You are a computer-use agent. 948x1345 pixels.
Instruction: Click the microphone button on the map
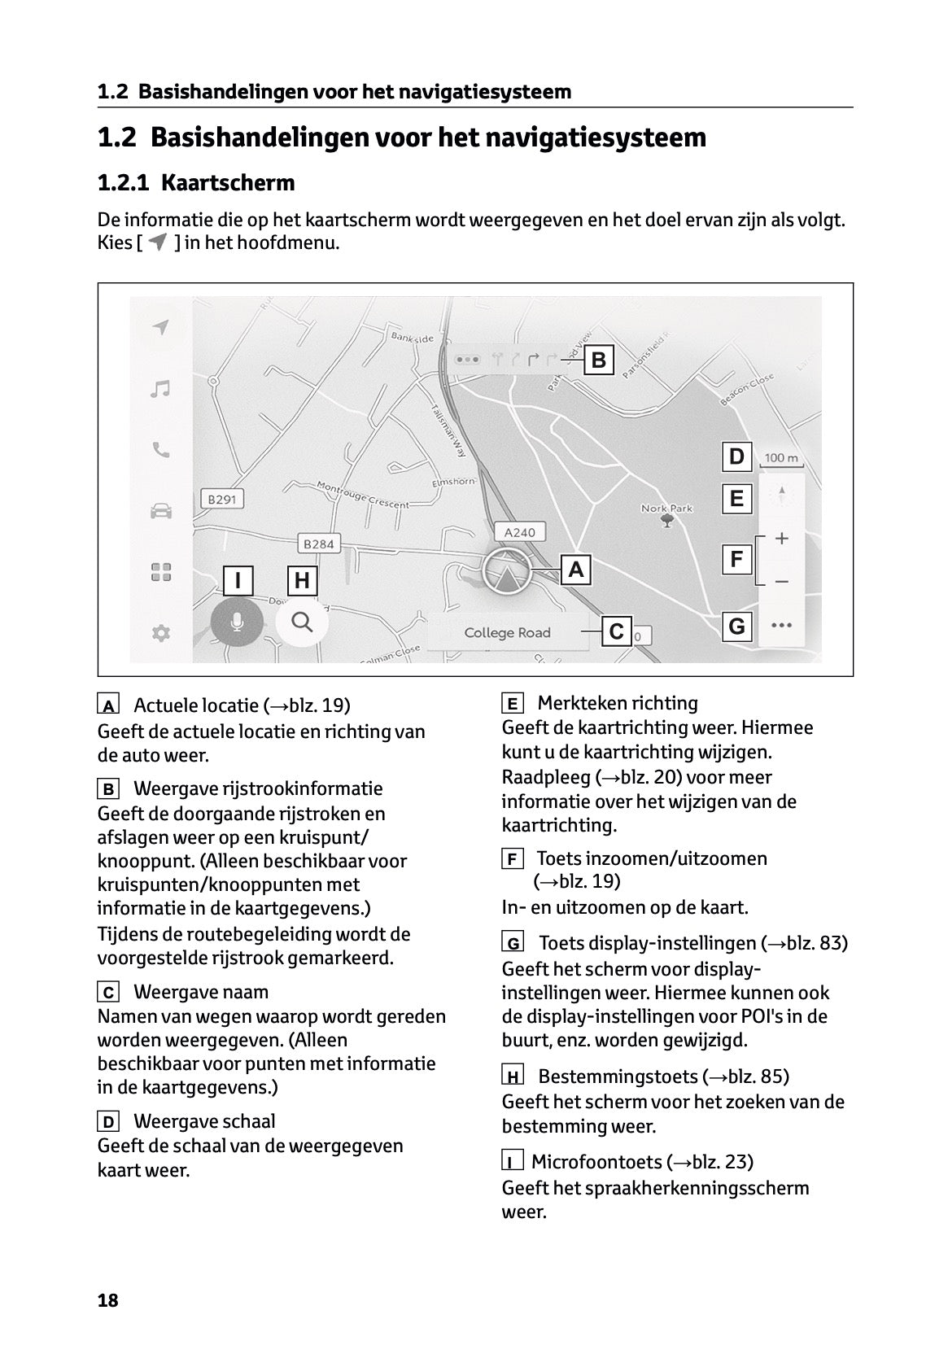(x=236, y=623)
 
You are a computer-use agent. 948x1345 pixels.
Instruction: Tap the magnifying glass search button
(x=302, y=622)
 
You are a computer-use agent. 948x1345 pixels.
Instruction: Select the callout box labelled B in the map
(x=599, y=360)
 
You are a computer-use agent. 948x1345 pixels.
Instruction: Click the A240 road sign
(x=519, y=532)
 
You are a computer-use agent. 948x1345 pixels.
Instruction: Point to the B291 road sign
(x=221, y=499)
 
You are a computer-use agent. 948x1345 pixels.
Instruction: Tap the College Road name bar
(x=507, y=632)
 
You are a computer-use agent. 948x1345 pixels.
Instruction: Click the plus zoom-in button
(x=782, y=539)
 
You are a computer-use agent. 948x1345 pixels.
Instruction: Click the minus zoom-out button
(x=782, y=582)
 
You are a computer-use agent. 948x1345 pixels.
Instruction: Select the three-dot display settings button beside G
(x=781, y=626)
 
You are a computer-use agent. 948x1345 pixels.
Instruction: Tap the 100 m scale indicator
(x=781, y=458)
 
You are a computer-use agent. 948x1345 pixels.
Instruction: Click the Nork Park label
(x=666, y=509)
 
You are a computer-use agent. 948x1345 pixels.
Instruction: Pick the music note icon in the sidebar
(x=161, y=389)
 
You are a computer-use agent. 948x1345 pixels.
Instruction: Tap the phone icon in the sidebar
(x=161, y=450)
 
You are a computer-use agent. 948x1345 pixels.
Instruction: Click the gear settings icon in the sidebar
(x=161, y=633)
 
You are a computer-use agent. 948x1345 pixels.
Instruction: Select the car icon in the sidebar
(x=161, y=511)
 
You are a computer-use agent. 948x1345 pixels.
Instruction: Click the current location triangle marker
(x=506, y=574)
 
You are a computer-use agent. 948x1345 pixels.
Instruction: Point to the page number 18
(x=107, y=1300)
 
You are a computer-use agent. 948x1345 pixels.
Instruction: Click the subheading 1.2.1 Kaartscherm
(x=196, y=183)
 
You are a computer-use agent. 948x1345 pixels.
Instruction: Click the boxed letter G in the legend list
(x=513, y=944)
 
